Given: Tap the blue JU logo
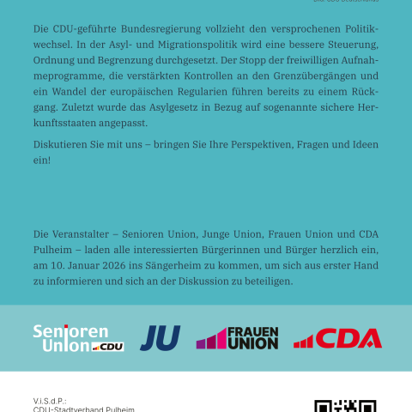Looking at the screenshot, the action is [x=161, y=338].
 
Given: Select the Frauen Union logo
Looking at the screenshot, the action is [x=238, y=338].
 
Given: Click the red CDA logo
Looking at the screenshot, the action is [x=337, y=338].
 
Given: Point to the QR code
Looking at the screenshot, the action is [x=345, y=404].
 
